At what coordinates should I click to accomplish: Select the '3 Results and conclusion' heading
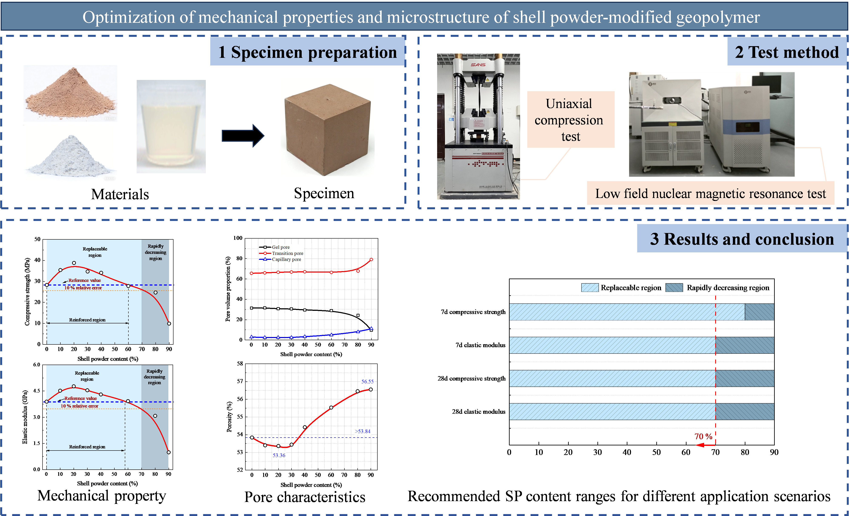coord(742,239)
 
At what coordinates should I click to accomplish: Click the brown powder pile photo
coord(70,93)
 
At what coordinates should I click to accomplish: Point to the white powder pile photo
coord(70,153)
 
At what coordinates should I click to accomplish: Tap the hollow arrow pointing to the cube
coord(243,136)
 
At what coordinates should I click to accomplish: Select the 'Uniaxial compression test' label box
coord(571,120)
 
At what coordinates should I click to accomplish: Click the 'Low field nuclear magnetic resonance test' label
coord(711,193)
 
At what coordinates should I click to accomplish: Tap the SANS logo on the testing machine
coord(478,64)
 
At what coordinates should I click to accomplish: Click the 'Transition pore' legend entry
coord(287,253)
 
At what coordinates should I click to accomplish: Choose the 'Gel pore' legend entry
coord(280,247)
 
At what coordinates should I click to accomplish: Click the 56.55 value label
coord(367,381)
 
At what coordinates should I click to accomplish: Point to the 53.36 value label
coord(279,455)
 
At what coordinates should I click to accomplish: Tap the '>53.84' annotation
coord(362,431)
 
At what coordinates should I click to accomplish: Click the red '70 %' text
coord(703,436)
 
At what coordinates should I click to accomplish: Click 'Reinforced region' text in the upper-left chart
coord(87,320)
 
